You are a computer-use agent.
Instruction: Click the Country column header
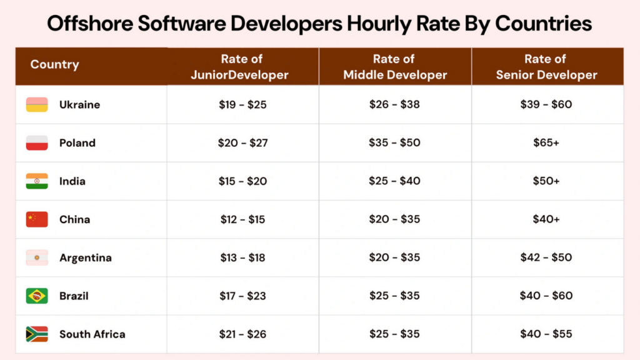(x=54, y=65)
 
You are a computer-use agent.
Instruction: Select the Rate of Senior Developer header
(x=546, y=67)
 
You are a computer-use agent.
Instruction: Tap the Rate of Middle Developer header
(x=394, y=67)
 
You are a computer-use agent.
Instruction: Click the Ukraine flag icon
(x=37, y=105)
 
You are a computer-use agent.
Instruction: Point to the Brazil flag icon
(x=37, y=296)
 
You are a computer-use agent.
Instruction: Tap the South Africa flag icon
(x=37, y=334)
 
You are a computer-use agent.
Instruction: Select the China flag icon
(x=37, y=219)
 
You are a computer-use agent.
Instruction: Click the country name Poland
(x=77, y=143)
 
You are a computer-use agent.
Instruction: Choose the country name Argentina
(x=86, y=257)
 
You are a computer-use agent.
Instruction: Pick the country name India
(x=72, y=181)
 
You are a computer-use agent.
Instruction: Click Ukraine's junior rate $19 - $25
(x=242, y=105)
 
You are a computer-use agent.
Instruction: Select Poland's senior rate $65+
(x=546, y=143)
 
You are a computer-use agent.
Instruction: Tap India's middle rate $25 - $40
(x=394, y=181)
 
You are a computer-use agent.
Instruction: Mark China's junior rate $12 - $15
(x=242, y=219)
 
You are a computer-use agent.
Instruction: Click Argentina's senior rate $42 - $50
(x=546, y=257)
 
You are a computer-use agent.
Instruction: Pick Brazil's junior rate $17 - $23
(x=242, y=296)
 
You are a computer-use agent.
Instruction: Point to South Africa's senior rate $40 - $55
(x=546, y=334)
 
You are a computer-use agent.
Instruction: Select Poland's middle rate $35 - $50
(x=394, y=143)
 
